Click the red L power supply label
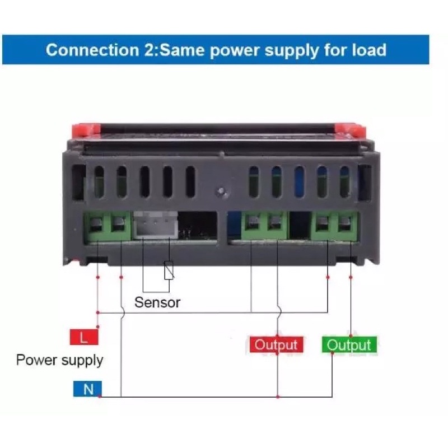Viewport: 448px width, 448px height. [83, 337]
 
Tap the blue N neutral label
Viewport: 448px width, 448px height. [87, 389]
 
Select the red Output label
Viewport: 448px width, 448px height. [276, 344]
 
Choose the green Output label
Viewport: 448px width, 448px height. [349, 344]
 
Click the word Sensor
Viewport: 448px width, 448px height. [157, 302]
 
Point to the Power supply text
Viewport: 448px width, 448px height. [59, 360]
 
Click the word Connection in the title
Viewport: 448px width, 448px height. [89, 50]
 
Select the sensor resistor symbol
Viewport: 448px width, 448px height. [169, 271]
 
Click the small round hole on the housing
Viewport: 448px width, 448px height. [222, 190]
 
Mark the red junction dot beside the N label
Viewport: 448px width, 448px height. [100, 396]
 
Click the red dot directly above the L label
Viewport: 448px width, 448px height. [98, 326]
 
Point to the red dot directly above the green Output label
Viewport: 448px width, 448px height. [351, 328]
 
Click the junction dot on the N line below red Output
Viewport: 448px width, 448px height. [278, 396]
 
